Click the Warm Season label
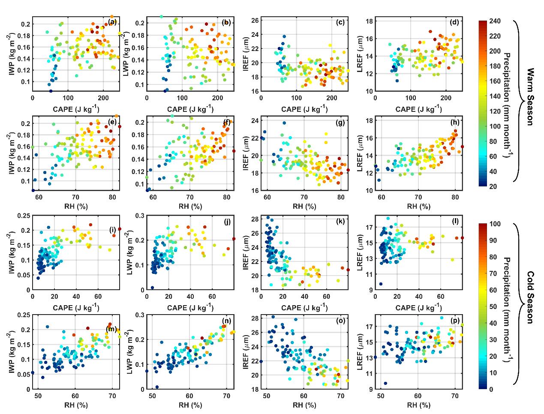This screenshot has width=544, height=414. (530, 96)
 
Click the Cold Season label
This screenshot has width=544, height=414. (530, 297)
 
